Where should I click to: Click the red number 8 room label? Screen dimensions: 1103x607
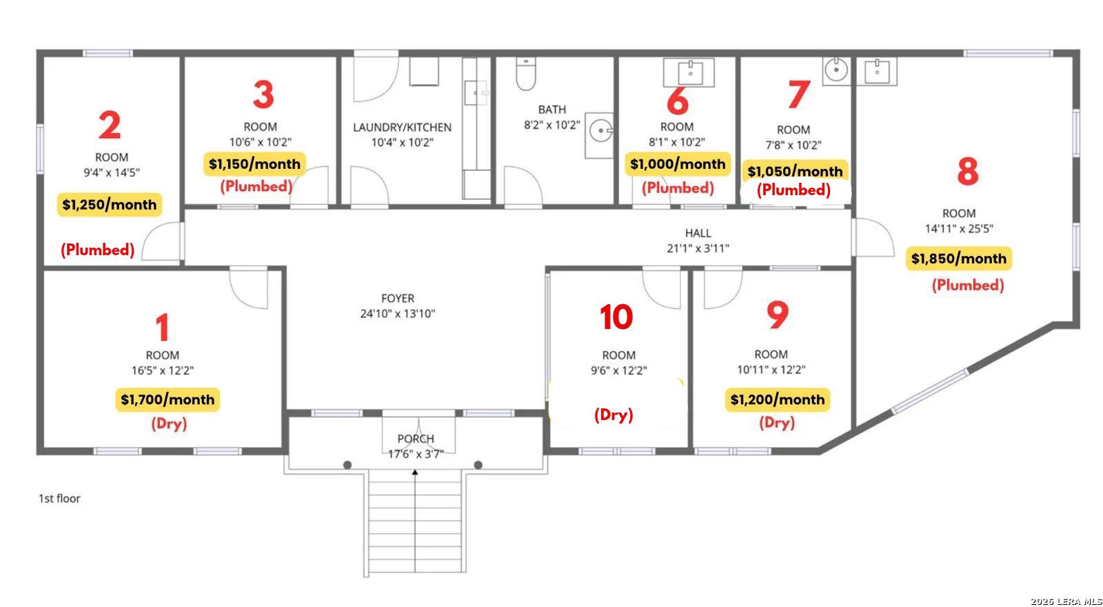(968, 171)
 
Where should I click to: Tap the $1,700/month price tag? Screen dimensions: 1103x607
(168, 399)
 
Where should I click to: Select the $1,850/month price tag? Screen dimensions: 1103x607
(959, 259)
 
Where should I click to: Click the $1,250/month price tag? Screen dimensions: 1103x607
(110, 204)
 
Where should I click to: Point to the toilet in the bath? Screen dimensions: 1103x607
(526, 74)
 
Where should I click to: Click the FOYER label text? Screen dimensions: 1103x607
(398, 298)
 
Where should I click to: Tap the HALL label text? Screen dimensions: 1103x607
(698, 233)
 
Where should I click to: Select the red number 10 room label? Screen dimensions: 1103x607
(616, 317)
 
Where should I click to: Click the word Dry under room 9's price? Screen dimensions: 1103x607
(777, 423)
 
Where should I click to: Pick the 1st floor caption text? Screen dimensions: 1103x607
(59, 499)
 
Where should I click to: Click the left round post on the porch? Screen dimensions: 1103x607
(347, 465)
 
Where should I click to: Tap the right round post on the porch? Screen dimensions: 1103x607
(478, 465)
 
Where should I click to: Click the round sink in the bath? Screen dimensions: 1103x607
(601, 130)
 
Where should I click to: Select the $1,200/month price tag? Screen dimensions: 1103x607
(778, 399)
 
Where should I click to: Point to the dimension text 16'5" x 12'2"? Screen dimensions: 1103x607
(163, 370)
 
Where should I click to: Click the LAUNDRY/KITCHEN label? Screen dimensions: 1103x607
(402, 127)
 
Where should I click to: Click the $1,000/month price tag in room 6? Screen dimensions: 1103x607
(678, 164)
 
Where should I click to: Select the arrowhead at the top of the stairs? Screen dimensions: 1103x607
(415, 472)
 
